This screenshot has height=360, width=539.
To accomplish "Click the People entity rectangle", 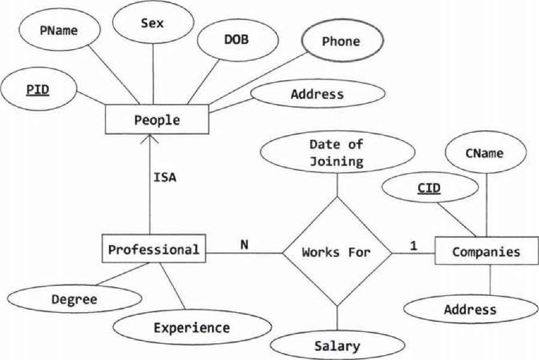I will [x=157, y=120].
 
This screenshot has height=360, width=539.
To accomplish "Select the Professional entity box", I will [x=154, y=249].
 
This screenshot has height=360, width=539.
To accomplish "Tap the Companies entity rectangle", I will [x=486, y=252].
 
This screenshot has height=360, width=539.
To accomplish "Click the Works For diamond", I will [x=337, y=252].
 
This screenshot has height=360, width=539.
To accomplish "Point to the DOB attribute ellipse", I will [x=237, y=40].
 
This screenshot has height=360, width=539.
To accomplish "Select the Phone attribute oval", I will [x=341, y=41].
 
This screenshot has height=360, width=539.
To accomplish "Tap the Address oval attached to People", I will [x=317, y=94].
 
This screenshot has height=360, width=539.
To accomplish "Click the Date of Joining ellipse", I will [x=336, y=152].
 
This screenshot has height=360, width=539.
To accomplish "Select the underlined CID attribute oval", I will [x=429, y=189].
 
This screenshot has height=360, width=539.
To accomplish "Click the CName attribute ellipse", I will [x=484, y=153].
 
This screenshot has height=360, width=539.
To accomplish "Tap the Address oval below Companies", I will [x=470, y=309].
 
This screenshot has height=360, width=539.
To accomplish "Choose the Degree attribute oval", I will [x=74, y=299].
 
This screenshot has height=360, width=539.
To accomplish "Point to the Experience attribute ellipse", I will [x=191, y=328].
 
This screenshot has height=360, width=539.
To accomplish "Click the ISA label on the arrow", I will [x=165, y=177].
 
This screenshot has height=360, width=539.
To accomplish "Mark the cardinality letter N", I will [x=244, y=244].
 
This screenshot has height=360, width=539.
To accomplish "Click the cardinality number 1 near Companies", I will [x=413, y=245].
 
